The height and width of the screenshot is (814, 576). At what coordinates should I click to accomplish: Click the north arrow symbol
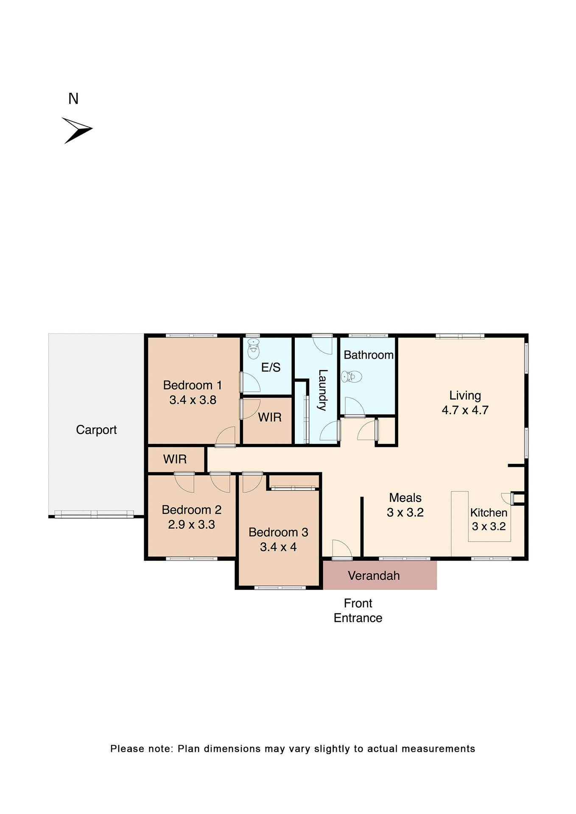(77, 130)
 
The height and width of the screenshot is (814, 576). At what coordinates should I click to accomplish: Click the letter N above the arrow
(73, 99)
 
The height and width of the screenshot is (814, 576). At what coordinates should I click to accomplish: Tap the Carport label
(96, 430)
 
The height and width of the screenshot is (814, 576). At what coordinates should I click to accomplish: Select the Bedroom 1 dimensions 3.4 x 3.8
(193, 400)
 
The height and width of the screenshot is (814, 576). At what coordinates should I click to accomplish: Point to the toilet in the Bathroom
(352, 376)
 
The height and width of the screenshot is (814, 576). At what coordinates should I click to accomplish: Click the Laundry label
(322, 390)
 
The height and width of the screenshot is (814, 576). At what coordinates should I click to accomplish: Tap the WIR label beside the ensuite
(270, 418)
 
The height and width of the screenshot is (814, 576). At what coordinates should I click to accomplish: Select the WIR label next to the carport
(175, 459)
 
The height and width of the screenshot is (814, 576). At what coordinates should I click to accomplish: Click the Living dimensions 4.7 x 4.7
(465, 410)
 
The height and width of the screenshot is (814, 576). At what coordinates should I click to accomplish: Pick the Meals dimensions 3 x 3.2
(405, 513)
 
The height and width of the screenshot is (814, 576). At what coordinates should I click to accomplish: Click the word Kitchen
(489, 513)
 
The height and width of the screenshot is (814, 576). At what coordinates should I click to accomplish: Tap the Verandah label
(374, 576)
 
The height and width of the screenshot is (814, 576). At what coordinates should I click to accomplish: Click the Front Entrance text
(358, 610)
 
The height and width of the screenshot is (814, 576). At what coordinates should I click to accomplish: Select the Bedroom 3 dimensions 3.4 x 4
(278, 547)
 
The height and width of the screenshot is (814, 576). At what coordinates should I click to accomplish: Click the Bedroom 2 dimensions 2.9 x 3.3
(191, 525)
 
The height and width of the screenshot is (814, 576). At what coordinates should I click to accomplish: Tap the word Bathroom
(368, 355)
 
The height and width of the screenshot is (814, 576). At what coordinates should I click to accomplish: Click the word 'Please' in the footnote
(126, 749)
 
